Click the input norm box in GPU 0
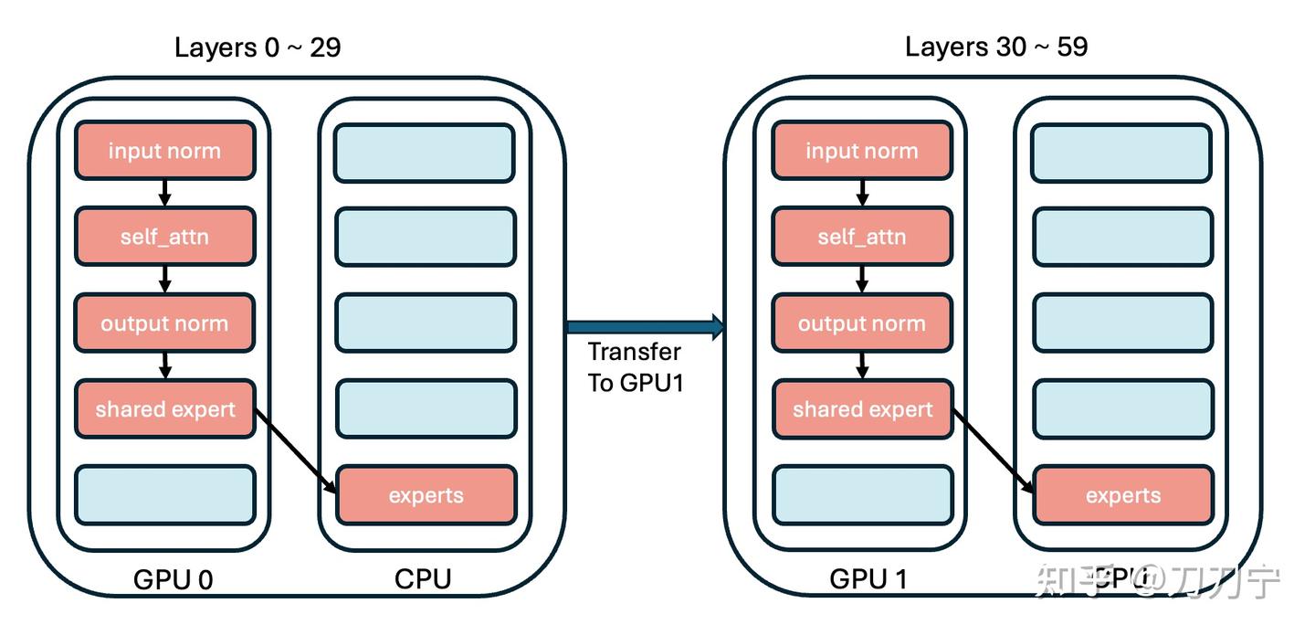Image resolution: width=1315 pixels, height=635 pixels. coord(164,151)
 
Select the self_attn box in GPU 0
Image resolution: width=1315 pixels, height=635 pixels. coord(164,238)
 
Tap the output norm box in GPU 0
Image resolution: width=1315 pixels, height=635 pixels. coord(164,323)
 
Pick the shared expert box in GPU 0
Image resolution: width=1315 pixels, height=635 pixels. coord(164,409)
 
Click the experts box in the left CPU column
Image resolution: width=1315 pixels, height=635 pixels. coord(426,495)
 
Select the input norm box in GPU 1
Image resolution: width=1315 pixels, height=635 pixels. coord(861,151)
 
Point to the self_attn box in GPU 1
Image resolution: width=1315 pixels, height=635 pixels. coord(861,238)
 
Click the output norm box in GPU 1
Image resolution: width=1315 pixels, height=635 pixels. coord(861,323)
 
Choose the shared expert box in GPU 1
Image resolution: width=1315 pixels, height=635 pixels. coord(861,409)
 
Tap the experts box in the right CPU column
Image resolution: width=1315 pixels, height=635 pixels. coord(1122,495)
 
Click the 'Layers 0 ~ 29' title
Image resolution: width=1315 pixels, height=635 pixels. coord(258,48)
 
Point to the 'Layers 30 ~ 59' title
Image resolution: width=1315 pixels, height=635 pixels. coord(996,48)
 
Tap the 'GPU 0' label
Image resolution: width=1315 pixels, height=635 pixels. coord(174,579)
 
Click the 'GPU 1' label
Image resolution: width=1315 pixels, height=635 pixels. coord(868,579)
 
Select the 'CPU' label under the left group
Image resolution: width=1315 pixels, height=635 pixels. coord(423,579)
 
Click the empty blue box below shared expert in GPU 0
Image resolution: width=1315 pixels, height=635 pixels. coord(164,495)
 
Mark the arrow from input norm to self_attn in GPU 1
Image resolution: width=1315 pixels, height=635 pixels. coord(861,194)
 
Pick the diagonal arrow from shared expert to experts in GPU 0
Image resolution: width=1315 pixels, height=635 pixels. coord(296,452)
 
